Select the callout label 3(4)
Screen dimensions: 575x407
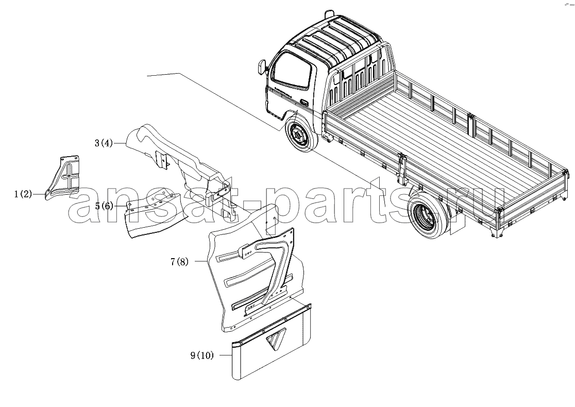click(x=104, y=143)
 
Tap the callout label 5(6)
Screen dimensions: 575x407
click(x=104, y=206)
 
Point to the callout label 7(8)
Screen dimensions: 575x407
click(x=179, y=262)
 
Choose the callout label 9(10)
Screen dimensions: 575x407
click(x=201, y=355)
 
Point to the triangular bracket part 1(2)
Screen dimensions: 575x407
click(x=63, y=177)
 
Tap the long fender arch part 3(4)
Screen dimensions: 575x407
click(x=180, y=168)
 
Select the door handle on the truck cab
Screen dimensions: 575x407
click(x=304, y=102)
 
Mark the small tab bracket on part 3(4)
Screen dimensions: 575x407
click(x=161, y=160)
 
